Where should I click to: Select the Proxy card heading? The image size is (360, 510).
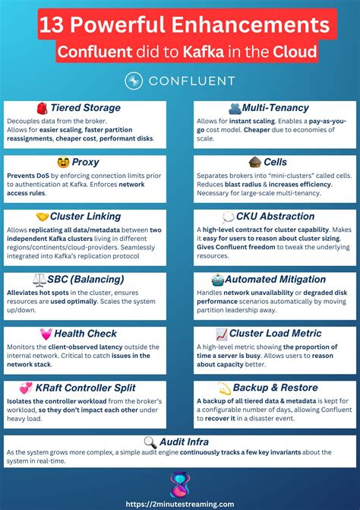point(85,162)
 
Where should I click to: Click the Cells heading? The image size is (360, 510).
point(275,162)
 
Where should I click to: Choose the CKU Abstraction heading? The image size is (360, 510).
point(275,217)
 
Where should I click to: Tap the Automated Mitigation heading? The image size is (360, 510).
point(275,280)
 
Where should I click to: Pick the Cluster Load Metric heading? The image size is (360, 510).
point(275,334)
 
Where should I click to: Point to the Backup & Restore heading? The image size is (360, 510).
point(275,388)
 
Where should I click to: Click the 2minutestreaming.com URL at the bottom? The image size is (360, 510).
point(180,502)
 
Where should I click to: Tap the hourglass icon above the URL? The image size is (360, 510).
point(180,482)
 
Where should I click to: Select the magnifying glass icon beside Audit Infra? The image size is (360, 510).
point(149,441)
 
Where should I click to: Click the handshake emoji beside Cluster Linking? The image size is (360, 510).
point(43,217)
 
